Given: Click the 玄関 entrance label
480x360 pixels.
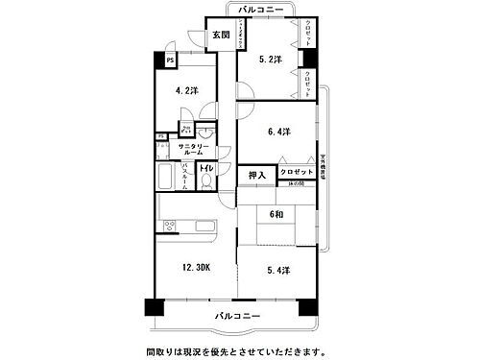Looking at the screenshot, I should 221,36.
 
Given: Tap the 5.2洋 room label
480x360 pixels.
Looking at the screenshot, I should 272,60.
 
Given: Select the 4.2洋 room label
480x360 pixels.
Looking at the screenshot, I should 186,91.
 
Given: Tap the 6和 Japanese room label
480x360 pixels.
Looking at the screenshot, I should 276,215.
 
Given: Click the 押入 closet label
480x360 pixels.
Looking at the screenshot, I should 256,176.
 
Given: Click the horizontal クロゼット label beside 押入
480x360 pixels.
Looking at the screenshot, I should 297,172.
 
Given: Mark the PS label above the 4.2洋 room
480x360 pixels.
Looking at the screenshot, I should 170,60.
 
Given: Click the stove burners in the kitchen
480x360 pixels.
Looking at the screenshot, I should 169,227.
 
